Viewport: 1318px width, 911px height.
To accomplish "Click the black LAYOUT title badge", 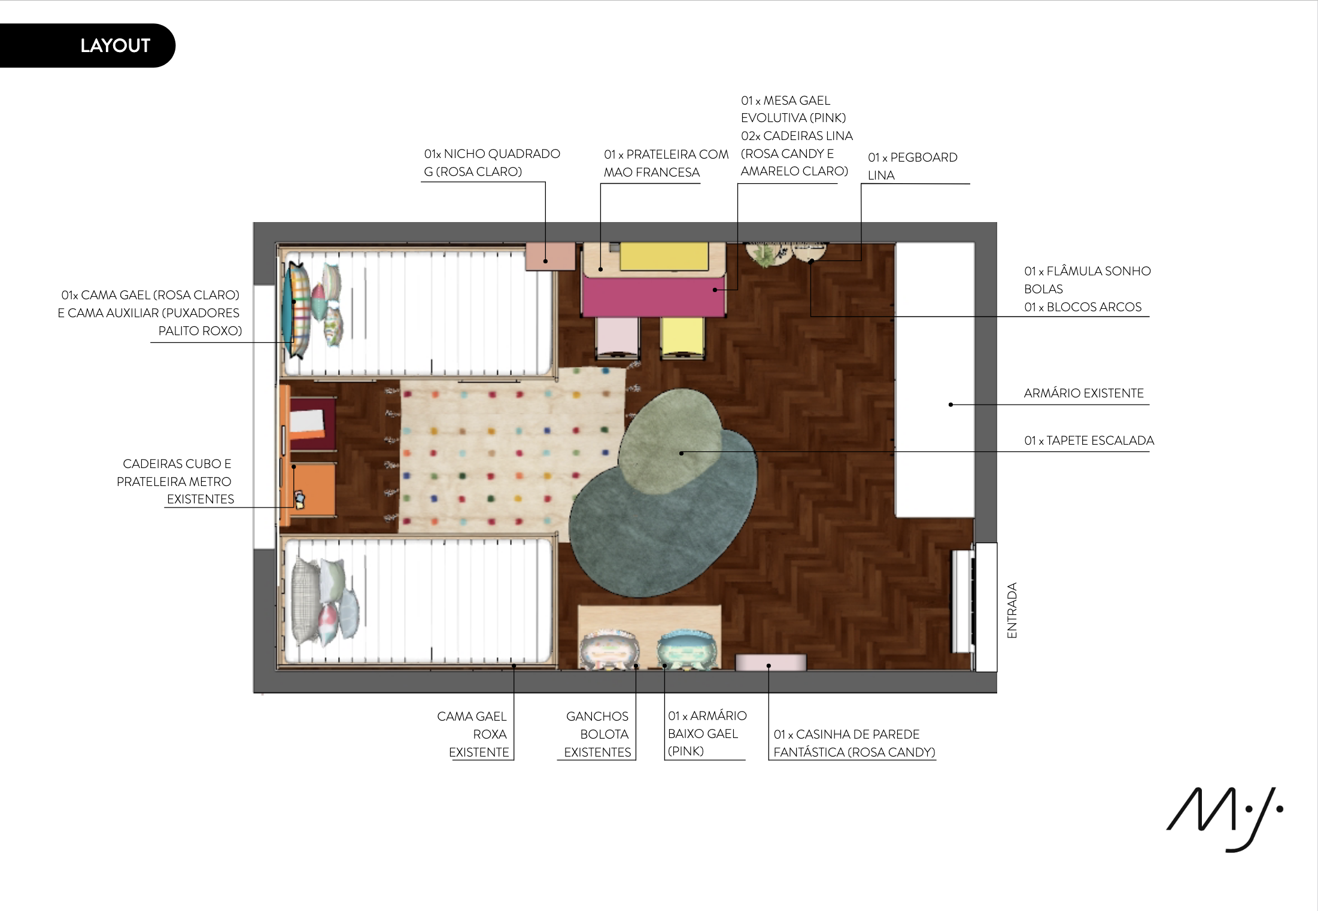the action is (x=87, y=45).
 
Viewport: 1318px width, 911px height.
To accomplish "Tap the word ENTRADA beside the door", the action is (x=1012, y=610).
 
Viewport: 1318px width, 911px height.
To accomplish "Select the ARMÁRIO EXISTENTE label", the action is (x=1083, y=393).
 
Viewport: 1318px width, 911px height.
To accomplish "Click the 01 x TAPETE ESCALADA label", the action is (x=1089, y=441).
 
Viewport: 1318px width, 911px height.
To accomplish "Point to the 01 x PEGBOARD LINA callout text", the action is (x=912, y=166).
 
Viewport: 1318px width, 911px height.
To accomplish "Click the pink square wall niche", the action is (x=550, y=256).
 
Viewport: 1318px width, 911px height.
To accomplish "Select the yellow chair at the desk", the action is (x=682, y=337).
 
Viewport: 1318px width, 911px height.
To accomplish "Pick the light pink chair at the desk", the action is (x=617, y=337).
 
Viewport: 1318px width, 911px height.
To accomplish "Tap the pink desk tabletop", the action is (x=653, y=296).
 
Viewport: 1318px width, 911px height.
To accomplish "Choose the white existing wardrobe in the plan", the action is (x=934, y=379).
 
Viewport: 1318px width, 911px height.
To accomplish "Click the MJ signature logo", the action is (x=1224, y=818).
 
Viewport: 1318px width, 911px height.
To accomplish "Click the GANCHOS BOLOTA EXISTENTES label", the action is (x=597, y=734).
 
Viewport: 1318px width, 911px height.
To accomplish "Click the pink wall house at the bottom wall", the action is (x=770, y=662).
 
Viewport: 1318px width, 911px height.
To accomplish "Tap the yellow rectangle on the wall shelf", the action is (x=664, y=256).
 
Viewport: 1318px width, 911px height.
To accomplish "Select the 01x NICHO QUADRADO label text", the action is (x=492, y=154).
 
